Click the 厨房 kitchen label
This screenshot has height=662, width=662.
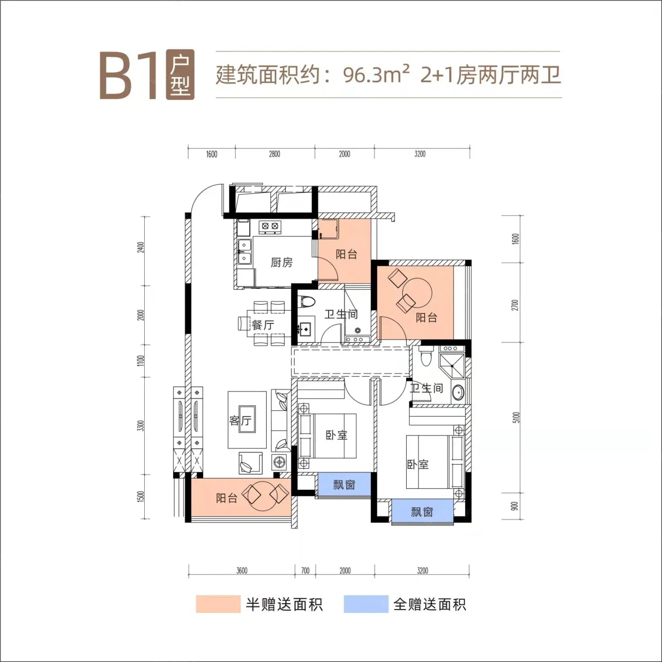[x=281, y=263]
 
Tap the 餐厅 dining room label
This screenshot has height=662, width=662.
[x=263, y=325]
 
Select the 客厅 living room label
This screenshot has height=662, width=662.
[x=240, y=420]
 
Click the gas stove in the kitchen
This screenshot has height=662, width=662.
[x=270, y=227]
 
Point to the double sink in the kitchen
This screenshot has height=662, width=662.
[x=244, y=251]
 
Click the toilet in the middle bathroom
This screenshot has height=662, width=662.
[x=307, y=301]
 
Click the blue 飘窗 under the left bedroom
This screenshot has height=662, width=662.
[x=344, y=485]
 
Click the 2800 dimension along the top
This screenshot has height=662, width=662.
[x=274, y=154]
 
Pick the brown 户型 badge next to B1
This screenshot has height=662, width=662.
[x=180, y=75]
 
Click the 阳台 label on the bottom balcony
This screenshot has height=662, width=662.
[x=227, y=498]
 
